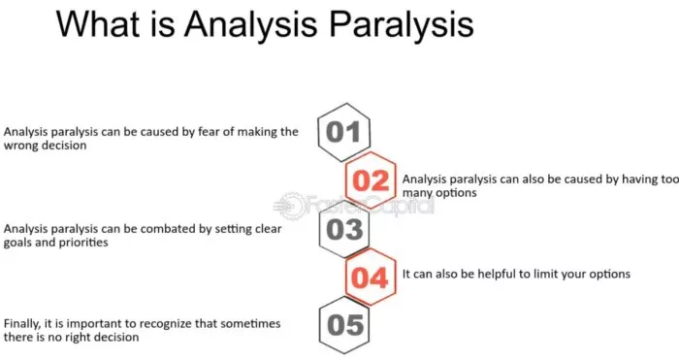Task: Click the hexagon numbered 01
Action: (x=342, y=131)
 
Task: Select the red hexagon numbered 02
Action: (x=370, y=180)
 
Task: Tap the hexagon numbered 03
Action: (x=342, y=230)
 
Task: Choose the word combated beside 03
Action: (x=174, y=229)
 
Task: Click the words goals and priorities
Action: (x=57, y=244)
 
